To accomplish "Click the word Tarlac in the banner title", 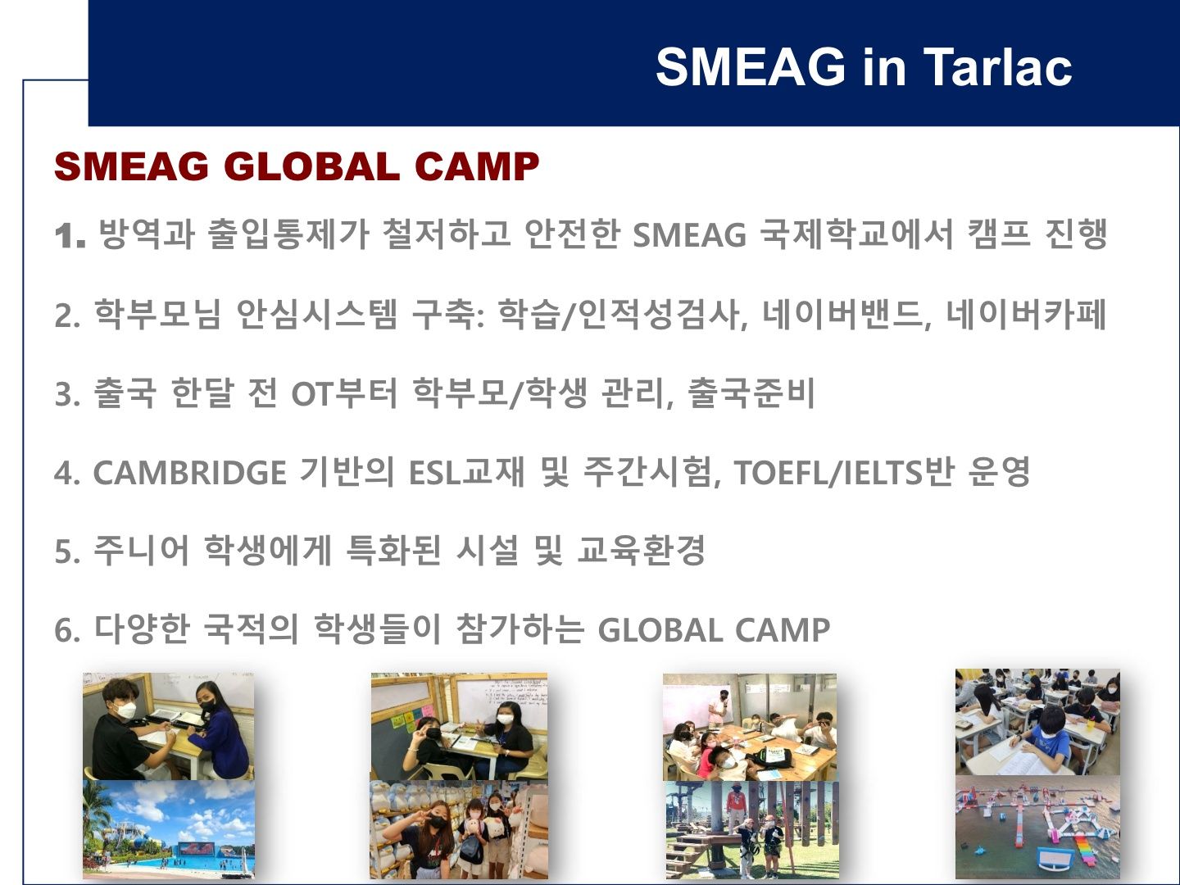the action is (998, 66).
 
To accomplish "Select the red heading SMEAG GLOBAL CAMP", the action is (297, 166).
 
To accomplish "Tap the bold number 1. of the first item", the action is (70, 235).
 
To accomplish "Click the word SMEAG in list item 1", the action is (689, 235).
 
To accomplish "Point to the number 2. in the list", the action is (68, 315).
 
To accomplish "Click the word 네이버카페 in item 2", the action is (1026, 314).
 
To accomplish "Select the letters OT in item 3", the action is (311, 394).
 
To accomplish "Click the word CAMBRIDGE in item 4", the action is (190, 473).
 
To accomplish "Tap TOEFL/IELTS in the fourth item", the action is (828, 473).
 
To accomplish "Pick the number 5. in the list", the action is (68, 551).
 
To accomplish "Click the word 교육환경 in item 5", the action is (642, 551).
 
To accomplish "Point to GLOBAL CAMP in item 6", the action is (714, 630).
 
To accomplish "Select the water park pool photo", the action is (169, 829).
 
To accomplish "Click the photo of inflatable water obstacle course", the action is (1037, 828).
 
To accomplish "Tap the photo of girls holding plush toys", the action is (459, 829).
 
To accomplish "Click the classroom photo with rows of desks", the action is (1037, 722).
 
